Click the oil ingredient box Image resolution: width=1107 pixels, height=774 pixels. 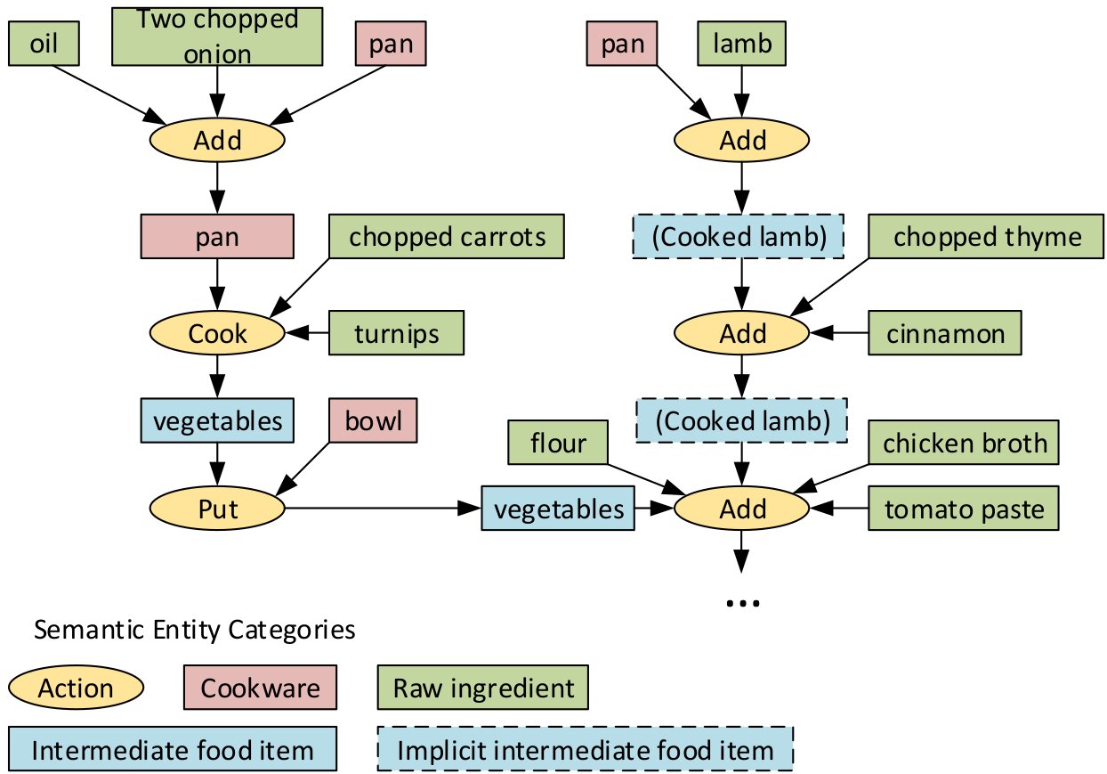44,44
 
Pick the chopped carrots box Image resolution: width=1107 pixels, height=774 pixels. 447,236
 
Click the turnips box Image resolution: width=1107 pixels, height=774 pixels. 397,334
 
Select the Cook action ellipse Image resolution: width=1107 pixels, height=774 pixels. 216,334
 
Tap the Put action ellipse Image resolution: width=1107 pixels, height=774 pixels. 216,509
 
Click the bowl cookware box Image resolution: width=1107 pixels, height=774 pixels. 373,421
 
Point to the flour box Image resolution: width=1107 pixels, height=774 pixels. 558,443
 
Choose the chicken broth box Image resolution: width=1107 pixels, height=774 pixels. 965,443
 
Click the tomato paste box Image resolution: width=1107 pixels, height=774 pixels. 965,509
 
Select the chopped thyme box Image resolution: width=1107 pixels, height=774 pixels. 988,236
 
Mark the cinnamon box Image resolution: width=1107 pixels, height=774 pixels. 945,334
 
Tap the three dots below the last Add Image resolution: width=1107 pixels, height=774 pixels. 742,604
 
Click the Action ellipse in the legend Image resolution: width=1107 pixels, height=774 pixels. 76,688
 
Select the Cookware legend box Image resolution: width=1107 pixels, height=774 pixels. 260,688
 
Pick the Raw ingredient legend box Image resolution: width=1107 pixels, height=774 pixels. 483,688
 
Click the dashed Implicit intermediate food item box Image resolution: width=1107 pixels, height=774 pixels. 586,750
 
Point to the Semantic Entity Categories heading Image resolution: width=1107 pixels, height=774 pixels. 194,631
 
